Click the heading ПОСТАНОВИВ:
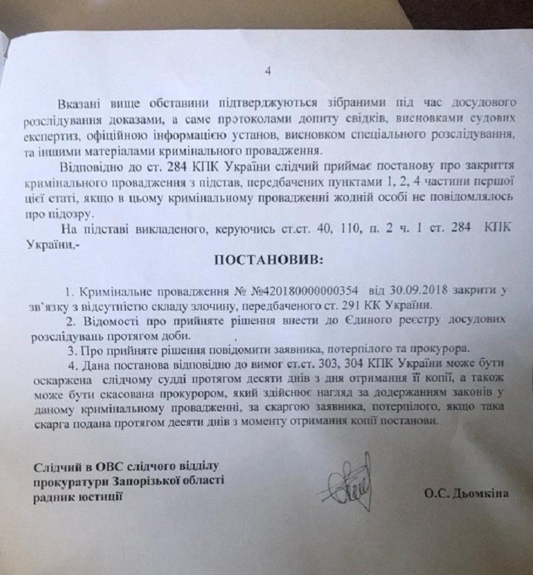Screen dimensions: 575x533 point(268,260)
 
